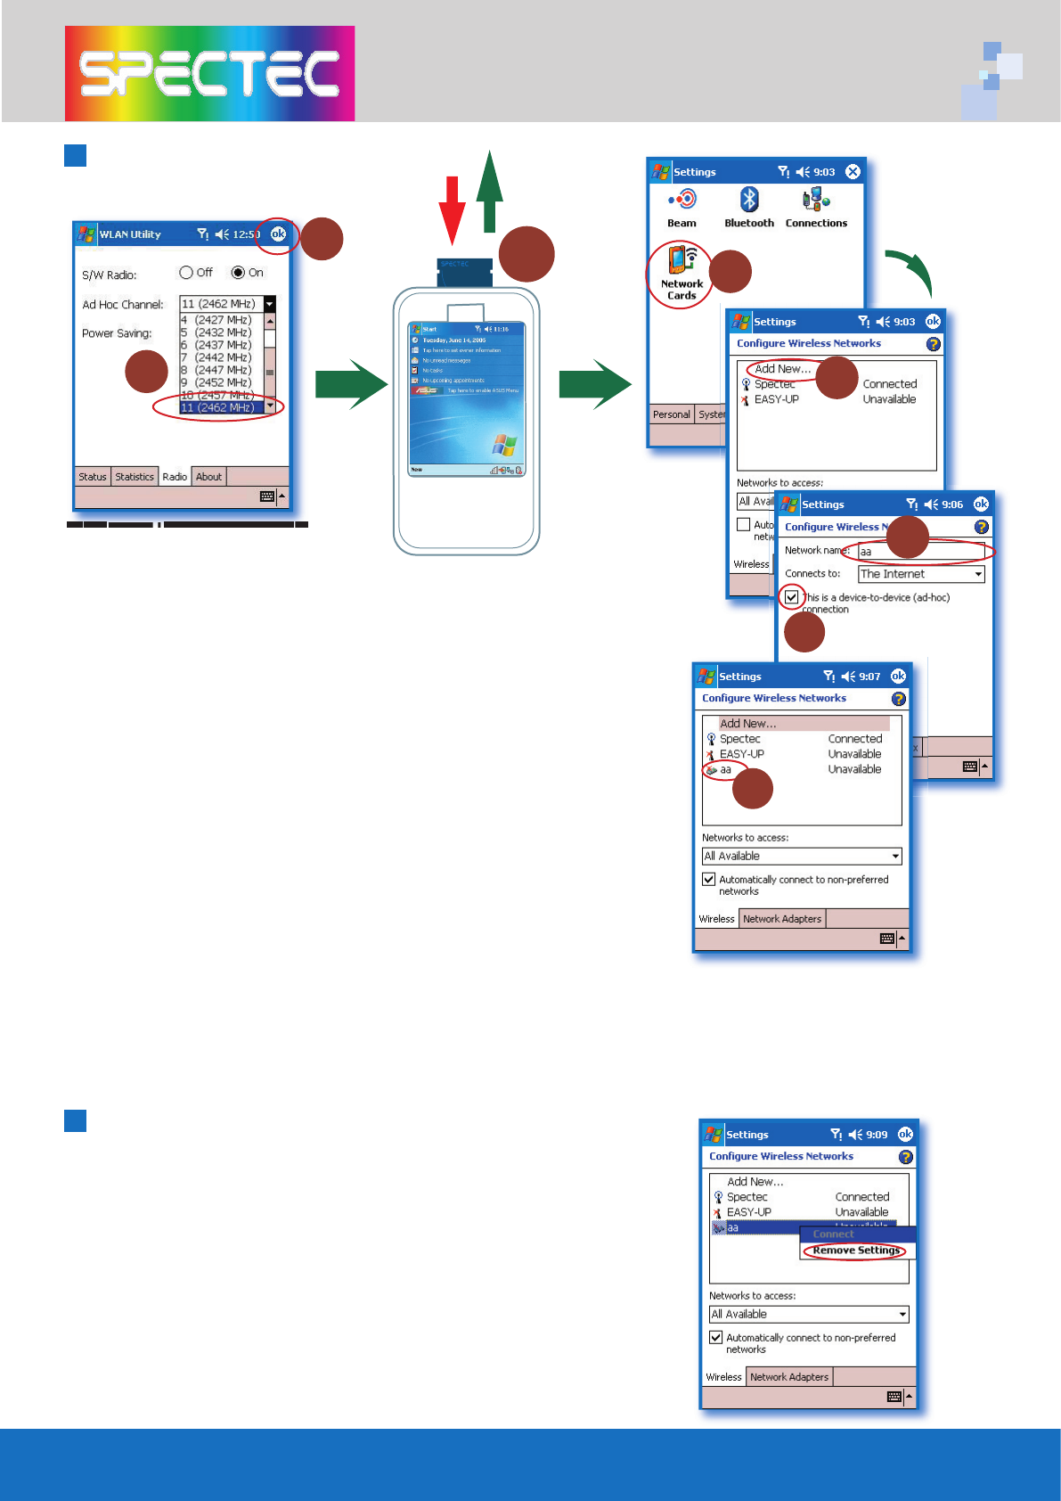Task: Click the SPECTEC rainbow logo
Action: pos(209,73)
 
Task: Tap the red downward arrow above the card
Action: pos(453,209)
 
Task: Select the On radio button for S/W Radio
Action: pos(238,273)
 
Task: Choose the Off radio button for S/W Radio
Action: pos(186,273)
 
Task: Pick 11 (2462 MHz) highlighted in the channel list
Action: pos(218,407)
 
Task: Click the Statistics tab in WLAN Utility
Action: pos(135,477)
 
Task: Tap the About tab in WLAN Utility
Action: pos(208,477)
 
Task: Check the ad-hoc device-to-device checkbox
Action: pos(792,597)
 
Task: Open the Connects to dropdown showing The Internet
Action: pos(921,574)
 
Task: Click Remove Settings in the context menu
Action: pos(856,1251)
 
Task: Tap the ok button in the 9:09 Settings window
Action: pos(905,1134)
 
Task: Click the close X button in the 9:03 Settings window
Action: pos(853,171)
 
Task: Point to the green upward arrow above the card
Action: pos(489,192)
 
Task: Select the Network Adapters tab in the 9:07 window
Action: pos(782,919)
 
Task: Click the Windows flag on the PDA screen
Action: pos(504,445)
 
